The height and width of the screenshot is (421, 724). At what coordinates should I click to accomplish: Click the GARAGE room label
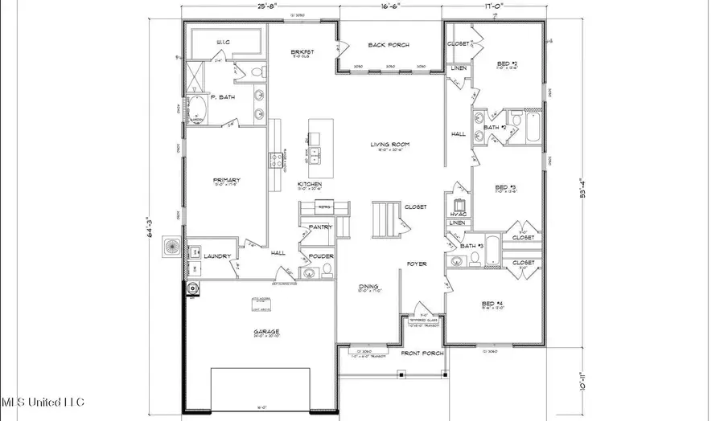[261, 329]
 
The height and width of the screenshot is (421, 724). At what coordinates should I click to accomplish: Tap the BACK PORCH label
[390, 45]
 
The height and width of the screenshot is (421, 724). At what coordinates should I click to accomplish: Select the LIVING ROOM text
[390, 145]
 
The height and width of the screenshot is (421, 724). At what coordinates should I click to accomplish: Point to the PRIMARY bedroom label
[226, 180]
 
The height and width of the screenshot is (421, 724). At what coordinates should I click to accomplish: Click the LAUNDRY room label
[217, 256]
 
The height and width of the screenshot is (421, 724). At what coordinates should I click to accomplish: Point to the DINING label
[368, 286]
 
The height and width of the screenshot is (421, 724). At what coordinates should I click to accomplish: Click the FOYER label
[416, 264]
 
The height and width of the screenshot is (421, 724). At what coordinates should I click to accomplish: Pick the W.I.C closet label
[223, 42]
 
